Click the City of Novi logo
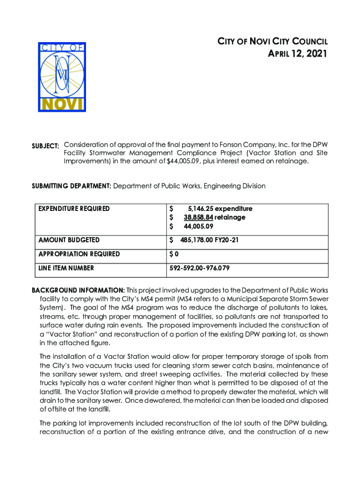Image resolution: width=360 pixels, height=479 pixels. [62, 76]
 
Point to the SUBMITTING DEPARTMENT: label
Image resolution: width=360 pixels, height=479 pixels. [71, 186]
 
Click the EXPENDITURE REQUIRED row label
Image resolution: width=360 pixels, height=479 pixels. [75, 209]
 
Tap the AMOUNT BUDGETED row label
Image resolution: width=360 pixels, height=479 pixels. [70, 240]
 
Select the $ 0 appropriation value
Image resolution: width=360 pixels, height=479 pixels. [174, 254]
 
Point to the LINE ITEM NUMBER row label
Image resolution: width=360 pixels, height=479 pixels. [67, 268]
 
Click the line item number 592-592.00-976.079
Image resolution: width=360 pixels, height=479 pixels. [199, 268]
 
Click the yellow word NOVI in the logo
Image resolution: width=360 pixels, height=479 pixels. [62, 103]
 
